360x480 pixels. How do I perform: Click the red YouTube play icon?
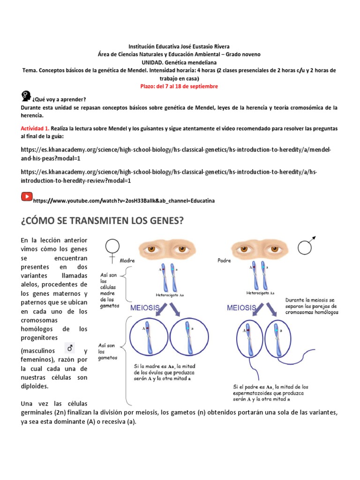coord(26,197)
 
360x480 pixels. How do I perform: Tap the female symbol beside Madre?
coord(112,249)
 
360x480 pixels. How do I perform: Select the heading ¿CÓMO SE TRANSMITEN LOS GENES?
coord(102,221)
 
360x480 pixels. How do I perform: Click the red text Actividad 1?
coord(35,128)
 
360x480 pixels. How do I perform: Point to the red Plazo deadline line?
coord(179,86)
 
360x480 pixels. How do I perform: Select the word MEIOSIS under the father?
coord(241,307)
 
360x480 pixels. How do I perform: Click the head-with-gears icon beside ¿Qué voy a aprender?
coord(26,97)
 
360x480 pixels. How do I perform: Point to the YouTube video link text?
coord(124,201)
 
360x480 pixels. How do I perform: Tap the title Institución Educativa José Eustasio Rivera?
coord(179,46)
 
